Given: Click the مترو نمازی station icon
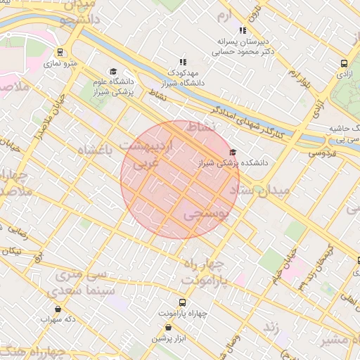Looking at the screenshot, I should pyautogui.click(x=60, y=52).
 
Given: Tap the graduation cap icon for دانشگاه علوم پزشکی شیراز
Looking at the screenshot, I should pyautogui.click(x=112, y=71).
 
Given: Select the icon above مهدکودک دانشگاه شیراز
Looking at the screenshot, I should pyautogui.click(x=184, y=62).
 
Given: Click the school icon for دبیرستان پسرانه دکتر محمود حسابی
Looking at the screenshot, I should pyautogui.click(x=243, y=30).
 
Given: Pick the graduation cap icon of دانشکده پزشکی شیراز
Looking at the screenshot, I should pyautogui.click(x=233, y=152).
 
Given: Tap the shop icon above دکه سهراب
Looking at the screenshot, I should pyautogui.click(x=57, y=309).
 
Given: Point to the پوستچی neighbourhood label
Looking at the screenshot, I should pyautogui.click(x=206, y=215).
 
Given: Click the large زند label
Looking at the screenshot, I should pyautogui.click(x=271, y=327).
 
